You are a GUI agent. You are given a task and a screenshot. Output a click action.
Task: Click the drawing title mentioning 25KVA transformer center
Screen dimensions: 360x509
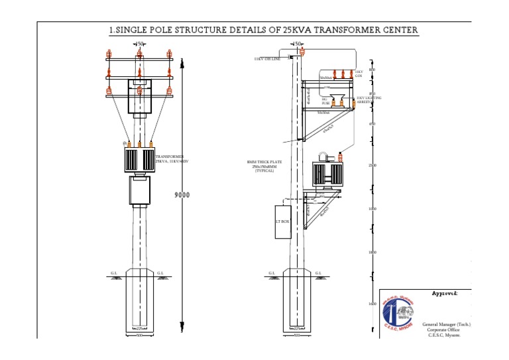coord(263,30)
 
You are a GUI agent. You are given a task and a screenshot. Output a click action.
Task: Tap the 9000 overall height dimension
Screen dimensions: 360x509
coord(182,195)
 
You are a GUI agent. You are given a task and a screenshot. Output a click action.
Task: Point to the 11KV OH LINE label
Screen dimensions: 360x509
coord(267,59)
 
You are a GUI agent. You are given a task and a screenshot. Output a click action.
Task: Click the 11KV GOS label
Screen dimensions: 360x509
coord(359,74)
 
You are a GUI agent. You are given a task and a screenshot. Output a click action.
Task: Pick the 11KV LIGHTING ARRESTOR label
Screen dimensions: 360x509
coord(368,99)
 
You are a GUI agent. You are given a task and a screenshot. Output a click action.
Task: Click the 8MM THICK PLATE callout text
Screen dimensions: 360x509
coord(260,166)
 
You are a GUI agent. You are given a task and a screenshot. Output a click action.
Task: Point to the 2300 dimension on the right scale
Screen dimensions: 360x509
coord(372,165)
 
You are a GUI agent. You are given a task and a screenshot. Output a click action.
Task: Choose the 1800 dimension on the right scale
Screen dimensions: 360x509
coord(372,253)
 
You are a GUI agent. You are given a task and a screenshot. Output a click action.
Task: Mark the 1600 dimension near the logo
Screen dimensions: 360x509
coord(372,304)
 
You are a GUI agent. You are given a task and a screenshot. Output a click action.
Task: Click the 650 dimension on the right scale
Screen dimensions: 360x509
coord(372,124)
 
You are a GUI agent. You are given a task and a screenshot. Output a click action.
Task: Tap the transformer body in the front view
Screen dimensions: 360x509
coord(139,159)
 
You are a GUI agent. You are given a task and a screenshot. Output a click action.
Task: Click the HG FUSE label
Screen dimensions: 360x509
coord(325,102)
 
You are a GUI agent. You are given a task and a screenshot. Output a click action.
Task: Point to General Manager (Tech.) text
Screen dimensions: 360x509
coord(446,325)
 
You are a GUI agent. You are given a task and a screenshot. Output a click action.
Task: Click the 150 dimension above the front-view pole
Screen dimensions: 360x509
coord(139,44)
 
